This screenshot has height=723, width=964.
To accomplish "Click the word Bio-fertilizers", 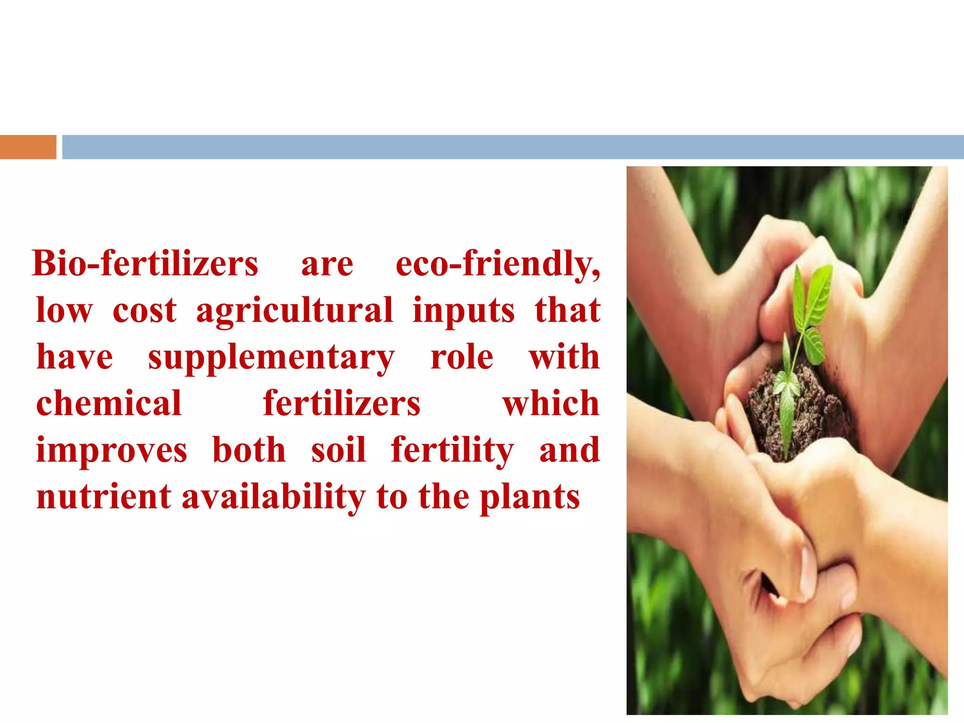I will [x=145, y=264].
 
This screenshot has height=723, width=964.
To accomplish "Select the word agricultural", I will [x=294, y=311].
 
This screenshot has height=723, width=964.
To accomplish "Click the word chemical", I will [x=109, y=403].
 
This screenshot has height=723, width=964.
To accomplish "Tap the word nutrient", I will [x=104, y=497].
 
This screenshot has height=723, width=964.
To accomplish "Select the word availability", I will [x=273, y=497].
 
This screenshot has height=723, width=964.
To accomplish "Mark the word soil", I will [x=338, y=450].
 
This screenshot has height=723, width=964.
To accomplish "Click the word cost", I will [x=145, y=311].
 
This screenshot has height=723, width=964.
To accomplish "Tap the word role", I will [x=462, y=357].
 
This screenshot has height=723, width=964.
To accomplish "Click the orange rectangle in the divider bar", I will [x=28, y=147].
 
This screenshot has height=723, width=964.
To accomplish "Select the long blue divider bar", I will [x=512, y=147].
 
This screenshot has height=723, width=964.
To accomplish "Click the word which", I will [x=551, y=403].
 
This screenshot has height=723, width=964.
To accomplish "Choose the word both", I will [x=249, y=450].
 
